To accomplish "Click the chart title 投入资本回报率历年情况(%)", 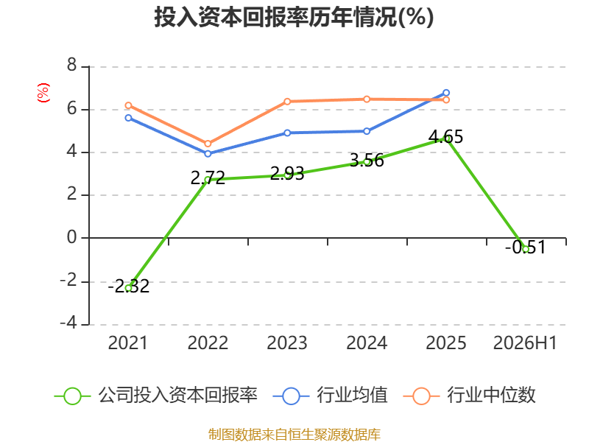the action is [294, 17].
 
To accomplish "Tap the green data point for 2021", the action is [128, 288].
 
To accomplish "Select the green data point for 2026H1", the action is [526, 249].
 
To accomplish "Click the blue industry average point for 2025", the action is [446, 93].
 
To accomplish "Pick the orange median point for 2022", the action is [208, 144].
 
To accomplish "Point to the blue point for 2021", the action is [128, 118].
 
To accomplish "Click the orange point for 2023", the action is [287, 102].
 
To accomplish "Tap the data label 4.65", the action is [446, 137].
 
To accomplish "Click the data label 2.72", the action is [208, 178].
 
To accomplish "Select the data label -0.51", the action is [525, 248].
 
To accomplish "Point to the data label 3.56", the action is [367, 161].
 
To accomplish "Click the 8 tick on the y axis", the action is [71, 66].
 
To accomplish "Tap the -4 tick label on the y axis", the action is [68, 323].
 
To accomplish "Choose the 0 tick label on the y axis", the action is [71, 237].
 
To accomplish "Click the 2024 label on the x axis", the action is [367, 343].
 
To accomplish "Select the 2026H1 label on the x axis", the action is [525, 343].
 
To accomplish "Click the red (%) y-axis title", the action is [43, 93].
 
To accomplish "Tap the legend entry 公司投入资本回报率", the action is [156, 396].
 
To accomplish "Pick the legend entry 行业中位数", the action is [469, 396].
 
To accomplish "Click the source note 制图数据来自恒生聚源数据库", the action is [294, 435].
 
